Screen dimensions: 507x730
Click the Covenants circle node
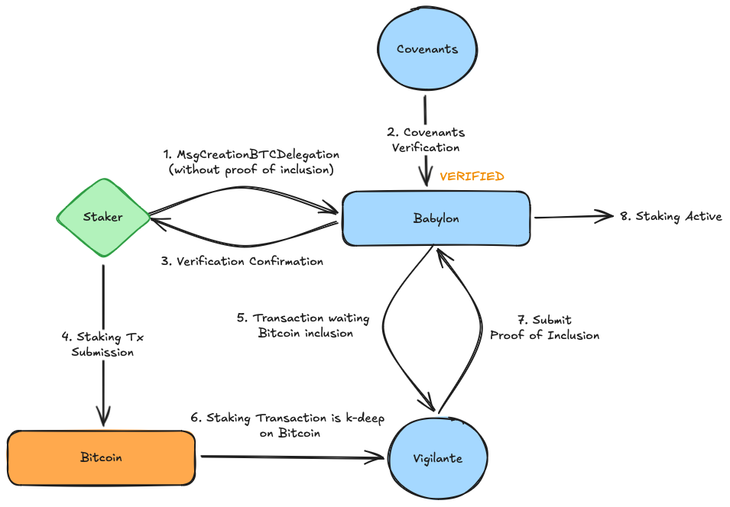(x=427, y=50)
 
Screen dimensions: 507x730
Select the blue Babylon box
(x=436, y=218)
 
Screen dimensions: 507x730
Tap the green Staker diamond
(x=102, y=218)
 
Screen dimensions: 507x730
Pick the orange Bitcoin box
(x=101, y=458)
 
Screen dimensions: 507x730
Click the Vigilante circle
(x=437, y=458)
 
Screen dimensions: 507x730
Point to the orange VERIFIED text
(x=472, y=176)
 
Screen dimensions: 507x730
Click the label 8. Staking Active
(x=670, y=216)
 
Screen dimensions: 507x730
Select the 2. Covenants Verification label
(x=427, y=140)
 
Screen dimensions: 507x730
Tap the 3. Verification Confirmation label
(x=242, y=261)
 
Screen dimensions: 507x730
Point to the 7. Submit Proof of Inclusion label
(x=544, y=328)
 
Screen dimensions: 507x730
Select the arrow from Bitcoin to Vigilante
(x=290, y=457)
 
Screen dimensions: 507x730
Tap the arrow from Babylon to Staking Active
(x=573, y=217)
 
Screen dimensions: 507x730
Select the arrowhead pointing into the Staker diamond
(x=157, y=220)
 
